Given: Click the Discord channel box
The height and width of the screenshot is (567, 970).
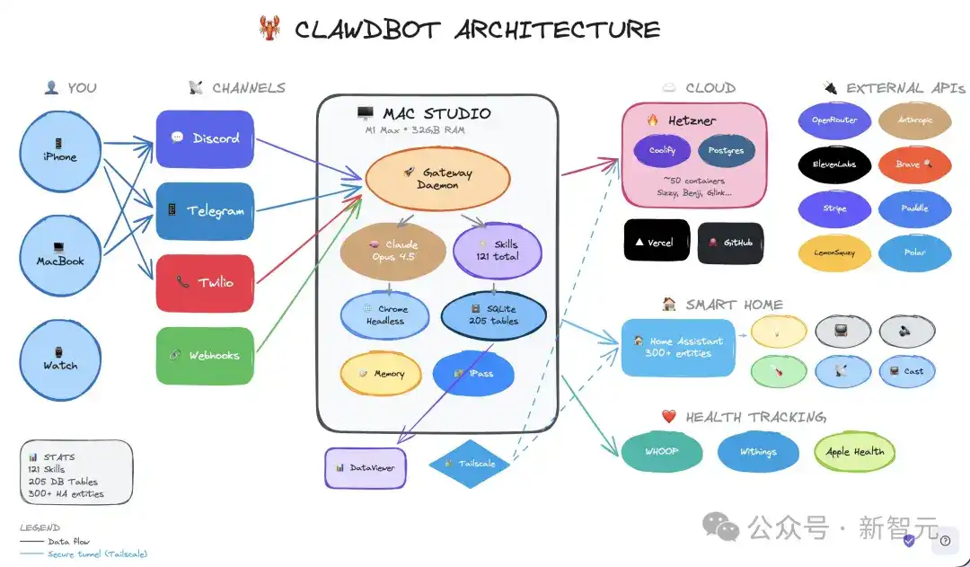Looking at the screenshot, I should coord(204,138).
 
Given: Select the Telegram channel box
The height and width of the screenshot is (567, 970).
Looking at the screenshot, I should coord(204,210).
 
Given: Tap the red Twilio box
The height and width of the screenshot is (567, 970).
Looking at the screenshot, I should coord(204,282).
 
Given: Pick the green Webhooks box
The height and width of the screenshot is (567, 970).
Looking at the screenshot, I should coord(204,355).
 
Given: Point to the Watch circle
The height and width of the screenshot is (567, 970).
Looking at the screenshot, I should coord(60,359).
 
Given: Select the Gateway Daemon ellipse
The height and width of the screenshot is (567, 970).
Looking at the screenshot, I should coord(436,178).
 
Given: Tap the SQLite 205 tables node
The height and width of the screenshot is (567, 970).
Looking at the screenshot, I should coord(493,315).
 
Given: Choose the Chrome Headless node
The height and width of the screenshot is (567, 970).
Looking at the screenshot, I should coord(385,315).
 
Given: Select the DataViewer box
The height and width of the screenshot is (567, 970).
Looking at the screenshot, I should coord(365,467).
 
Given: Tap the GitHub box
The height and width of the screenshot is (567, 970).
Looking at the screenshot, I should coord(730,243).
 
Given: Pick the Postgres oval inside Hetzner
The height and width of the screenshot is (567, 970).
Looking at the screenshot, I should coord(726,151).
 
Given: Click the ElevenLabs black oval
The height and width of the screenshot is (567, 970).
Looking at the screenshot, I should coord(834,164).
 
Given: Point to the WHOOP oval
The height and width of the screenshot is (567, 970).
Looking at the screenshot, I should coord(661,452).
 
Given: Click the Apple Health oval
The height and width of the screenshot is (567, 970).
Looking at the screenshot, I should coord(854,452).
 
